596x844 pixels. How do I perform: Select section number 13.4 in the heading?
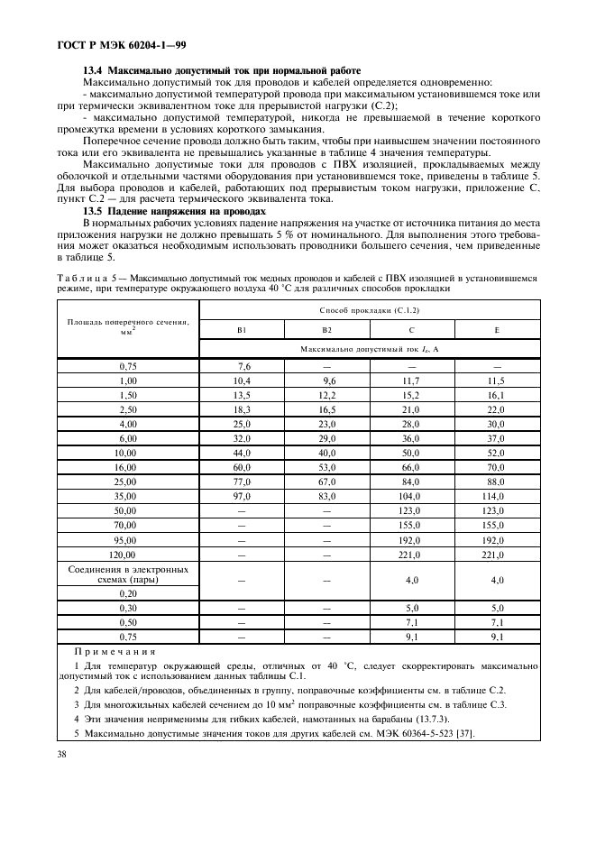tap(93, 70)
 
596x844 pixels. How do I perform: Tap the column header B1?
tap(243, 330)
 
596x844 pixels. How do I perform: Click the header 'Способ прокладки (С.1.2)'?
tap(369, 309)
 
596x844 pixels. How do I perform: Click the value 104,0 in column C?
tap(410, 496)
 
